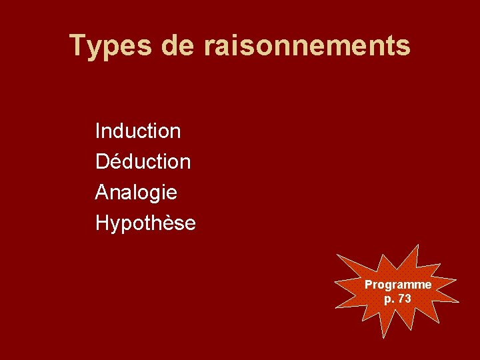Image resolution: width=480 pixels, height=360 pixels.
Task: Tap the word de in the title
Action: (177, 46)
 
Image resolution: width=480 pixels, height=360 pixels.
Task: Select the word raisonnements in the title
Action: (307, 46)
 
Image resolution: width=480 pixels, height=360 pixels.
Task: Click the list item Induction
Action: (138, 131)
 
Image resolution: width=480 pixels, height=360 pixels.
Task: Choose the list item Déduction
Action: (143, 161)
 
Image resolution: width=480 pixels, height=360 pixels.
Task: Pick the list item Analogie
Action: (136, 193)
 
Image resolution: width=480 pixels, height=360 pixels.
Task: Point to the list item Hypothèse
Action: (145, 223)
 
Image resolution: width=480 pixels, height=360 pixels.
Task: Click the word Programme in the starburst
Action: (398, 285)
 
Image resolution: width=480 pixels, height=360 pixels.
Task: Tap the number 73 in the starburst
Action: (405, 299)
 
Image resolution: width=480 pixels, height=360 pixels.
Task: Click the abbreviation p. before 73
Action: (389, 299)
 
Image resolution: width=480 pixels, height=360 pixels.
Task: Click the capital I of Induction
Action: (98, 131)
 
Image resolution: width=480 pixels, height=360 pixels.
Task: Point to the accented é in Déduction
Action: (114, 161)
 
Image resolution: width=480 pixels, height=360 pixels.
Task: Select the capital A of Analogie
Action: (102, 193)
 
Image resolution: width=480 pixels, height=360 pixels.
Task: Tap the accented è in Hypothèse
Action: (171, 223)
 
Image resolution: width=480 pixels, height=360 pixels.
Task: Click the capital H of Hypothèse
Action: (103, 223)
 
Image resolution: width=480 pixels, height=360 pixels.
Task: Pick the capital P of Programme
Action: (368, 285)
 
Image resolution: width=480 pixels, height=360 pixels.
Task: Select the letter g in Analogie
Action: (159, 194)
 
